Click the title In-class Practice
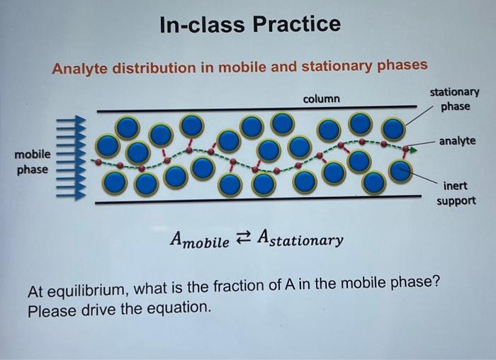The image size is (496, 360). [x=250, y=25]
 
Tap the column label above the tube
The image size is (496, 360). [x=321, y=99]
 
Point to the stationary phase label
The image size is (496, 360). [x=454, y=99]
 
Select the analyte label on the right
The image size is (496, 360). [x=457, y=142]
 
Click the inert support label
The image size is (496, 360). [x=456, y=193]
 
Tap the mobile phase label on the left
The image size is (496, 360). [x=33, y=162]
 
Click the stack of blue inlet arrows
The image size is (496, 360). [x=71, y=159]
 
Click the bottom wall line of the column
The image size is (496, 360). [x=248, y=202]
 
